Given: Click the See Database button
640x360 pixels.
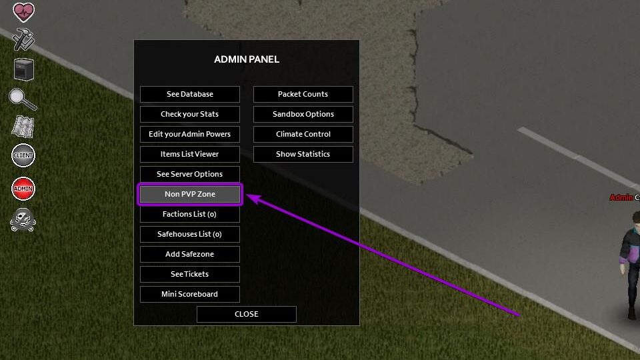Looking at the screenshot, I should click(x=190, y=94).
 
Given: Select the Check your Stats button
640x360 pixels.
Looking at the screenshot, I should click(x=190, y=114).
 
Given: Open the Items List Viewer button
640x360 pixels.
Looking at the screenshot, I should click(x=190, y=154).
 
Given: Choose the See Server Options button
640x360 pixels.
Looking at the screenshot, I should click(x=190, y=174).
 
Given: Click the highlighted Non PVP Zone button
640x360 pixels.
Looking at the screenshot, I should click(x=190, y=194).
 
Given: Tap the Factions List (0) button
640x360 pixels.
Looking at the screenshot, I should click(x=190, y=214).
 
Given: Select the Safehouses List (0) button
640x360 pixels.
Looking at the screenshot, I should click(x=190, y=234).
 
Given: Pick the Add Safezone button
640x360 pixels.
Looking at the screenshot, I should click(x=190, y=254).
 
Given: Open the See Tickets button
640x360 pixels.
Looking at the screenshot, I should click(x=190, y=274).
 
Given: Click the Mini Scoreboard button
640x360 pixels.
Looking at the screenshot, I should click(x=190, y=294).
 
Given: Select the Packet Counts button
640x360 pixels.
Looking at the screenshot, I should click(x=303, y=94).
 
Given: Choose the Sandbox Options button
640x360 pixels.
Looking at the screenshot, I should click(x=303, y=114).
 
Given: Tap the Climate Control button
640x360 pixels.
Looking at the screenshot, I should click(x=303, y=134).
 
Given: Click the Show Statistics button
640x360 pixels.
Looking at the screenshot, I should click(x=303, y=154).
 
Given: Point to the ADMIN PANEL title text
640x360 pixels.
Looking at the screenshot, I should click(x=247, y=59).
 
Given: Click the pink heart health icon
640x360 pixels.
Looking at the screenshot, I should click(x=23, y=11).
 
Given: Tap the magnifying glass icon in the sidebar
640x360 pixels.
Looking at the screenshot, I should click(x=22, y=99).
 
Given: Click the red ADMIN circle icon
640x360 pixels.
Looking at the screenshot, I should click(x=23, y=189).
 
